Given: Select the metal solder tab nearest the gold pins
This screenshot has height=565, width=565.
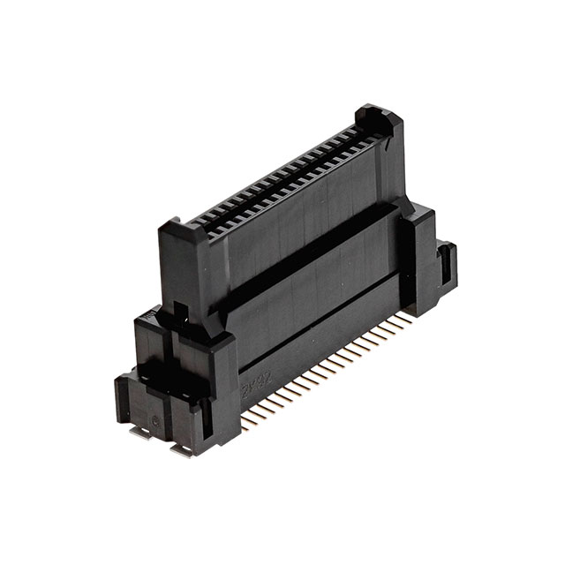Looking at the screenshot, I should tap(182, 450).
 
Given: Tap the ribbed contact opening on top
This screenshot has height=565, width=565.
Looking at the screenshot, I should tap(282, 177).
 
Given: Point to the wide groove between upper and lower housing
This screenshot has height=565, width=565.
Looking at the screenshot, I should tap(309, 265).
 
